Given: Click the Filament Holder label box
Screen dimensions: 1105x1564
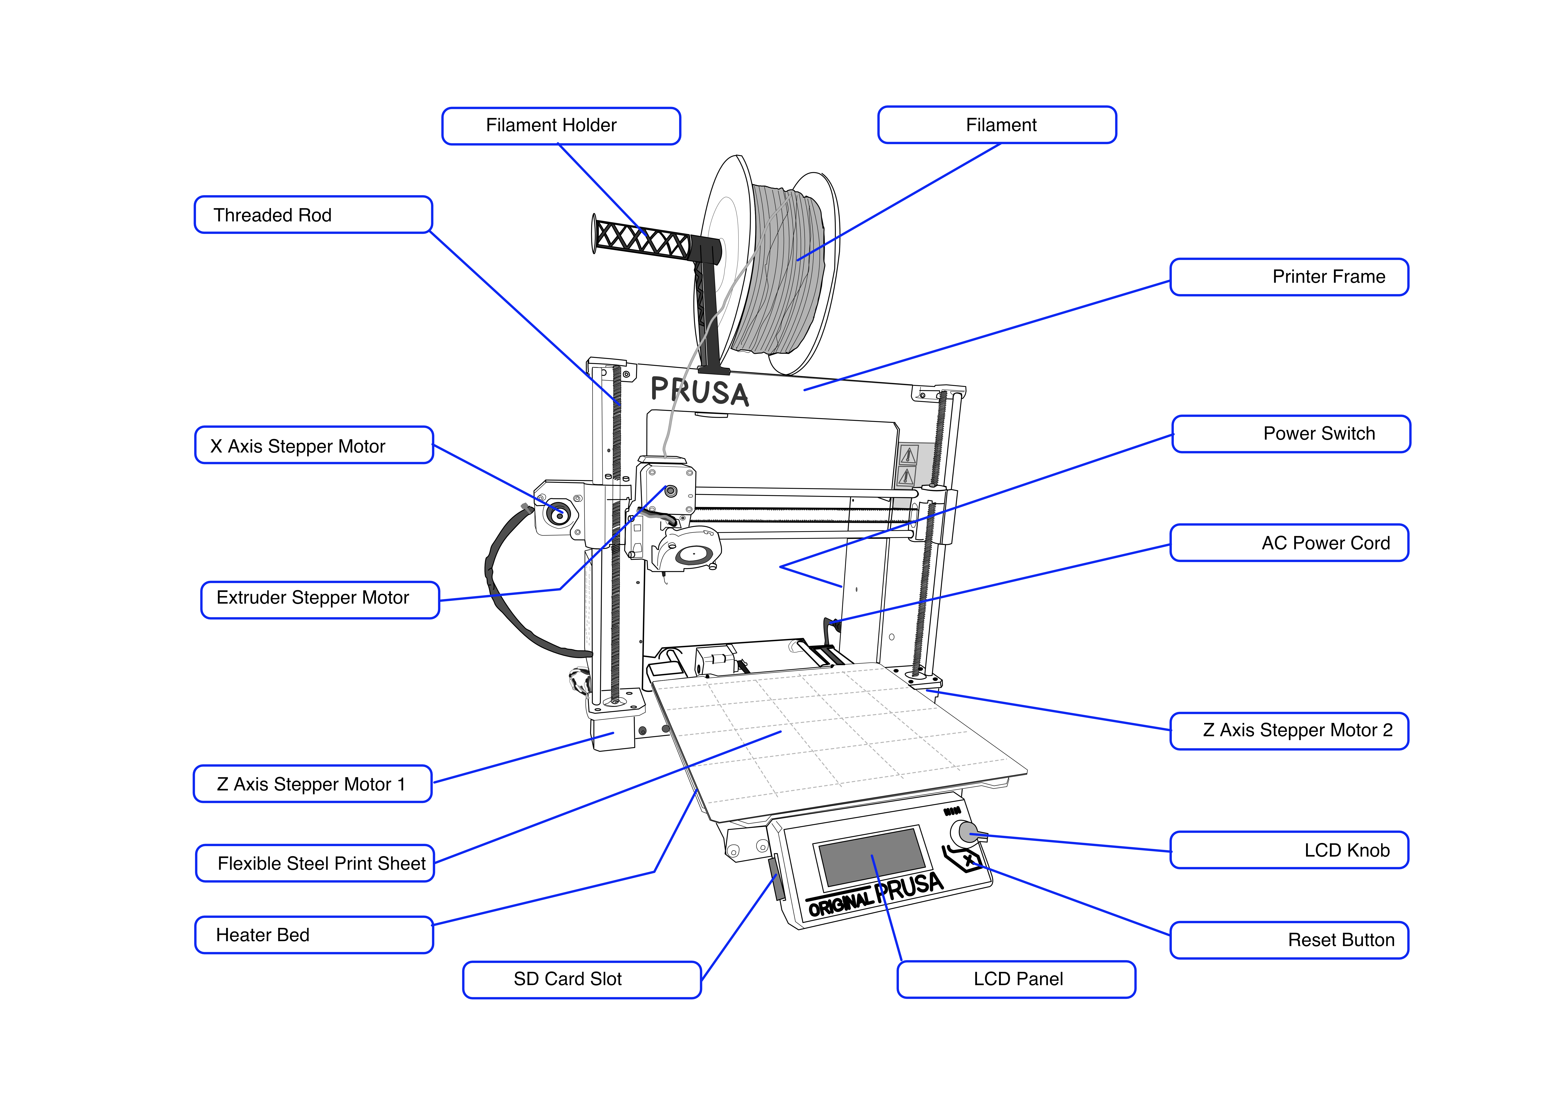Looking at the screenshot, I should click(x=561, y=126).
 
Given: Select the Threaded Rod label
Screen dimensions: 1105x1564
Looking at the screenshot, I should click(x=313, y=215).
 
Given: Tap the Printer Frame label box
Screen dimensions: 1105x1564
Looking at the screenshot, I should click(x=1289, y=277).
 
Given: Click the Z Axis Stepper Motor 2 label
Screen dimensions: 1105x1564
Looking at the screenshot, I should click(x=1289, y=731).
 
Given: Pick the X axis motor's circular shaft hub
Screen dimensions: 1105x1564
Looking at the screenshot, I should click(x=558, y=515).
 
